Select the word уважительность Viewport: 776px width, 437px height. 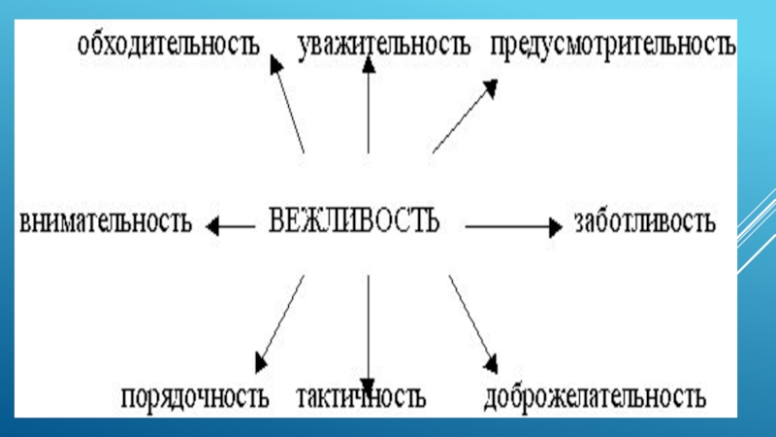383,44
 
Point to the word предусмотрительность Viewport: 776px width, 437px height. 613,45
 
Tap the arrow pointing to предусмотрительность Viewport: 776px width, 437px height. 465,118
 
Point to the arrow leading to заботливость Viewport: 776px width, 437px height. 513,226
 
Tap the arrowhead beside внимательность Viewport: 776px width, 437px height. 212,226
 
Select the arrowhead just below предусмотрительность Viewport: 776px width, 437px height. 492,88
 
